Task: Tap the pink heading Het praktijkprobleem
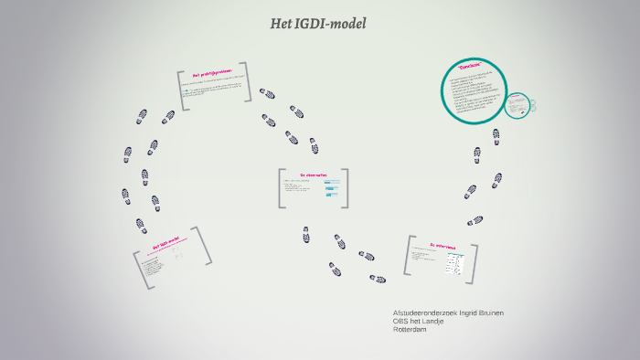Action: pos(213,75)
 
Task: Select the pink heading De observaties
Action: pos(314,174)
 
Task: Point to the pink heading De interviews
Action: pos(443,245)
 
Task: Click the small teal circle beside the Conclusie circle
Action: pos(519,106)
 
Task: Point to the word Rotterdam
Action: pos(409,330)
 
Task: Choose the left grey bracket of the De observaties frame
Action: pos(281,188)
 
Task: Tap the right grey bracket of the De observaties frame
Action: pos(346,188)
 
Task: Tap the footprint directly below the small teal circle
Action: pos(496,137)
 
